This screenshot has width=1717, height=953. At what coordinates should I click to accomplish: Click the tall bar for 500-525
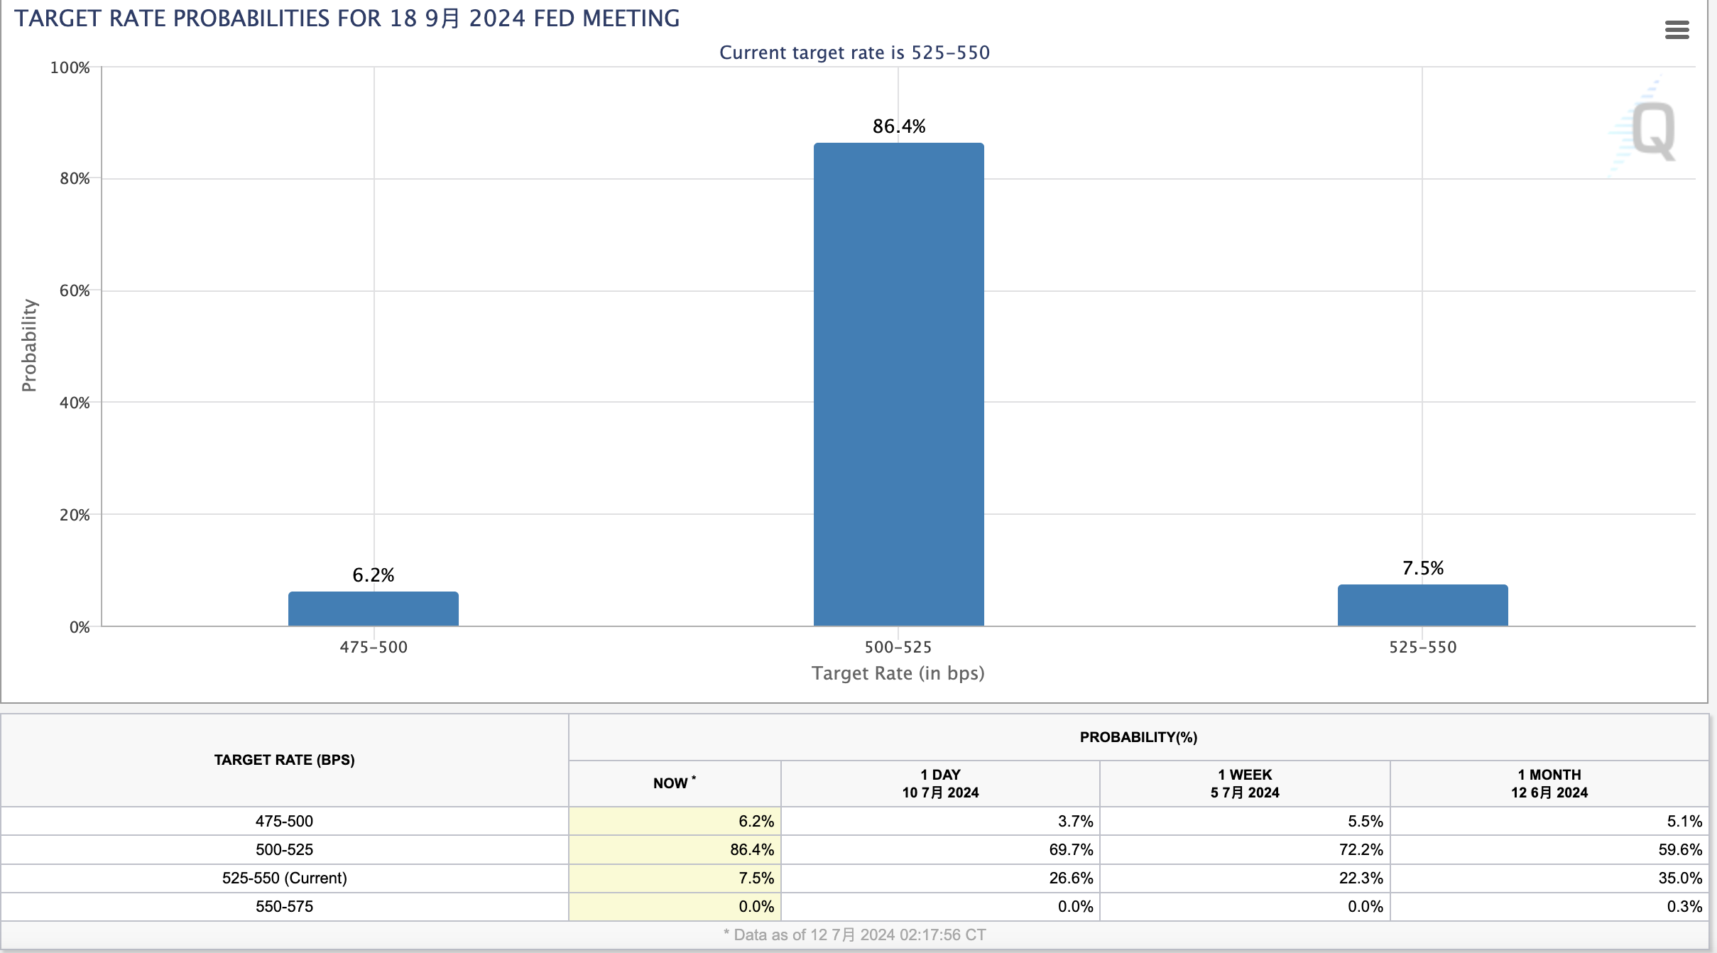click(898, 384)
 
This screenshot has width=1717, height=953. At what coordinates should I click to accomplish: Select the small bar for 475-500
click(374, 609)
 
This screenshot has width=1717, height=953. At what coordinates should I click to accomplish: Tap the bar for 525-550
click(1422, 605)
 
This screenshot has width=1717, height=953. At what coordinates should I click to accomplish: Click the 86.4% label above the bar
click(899, 126)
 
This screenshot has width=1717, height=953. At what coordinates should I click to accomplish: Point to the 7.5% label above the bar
click(1423, 568)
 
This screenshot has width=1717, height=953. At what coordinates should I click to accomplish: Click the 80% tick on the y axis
click(75, 178)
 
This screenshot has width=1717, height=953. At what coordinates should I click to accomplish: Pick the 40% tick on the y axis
click(75, 403)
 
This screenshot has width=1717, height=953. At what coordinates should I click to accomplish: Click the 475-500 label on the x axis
click(374, 647)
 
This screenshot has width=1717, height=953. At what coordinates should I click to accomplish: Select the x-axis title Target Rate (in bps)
click(898, 673)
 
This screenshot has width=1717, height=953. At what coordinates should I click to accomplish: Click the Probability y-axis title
click(29, 345)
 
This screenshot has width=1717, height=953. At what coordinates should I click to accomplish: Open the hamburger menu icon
click(1677, 30)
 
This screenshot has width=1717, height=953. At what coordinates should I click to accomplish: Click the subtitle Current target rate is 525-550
click(854, 53)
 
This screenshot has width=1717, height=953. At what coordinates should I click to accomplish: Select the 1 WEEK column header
click(1245, 783)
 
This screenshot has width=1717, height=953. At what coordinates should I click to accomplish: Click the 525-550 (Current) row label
click(285, 878)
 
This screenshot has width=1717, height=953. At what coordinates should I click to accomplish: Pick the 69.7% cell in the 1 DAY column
click(1071, 849)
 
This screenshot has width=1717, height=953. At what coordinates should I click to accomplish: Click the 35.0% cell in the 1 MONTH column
click(1680, 878)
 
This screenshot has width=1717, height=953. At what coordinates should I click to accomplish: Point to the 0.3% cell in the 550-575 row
click(1684, 906)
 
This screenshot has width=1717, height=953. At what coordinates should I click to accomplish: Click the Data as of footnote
click(854, 935)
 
